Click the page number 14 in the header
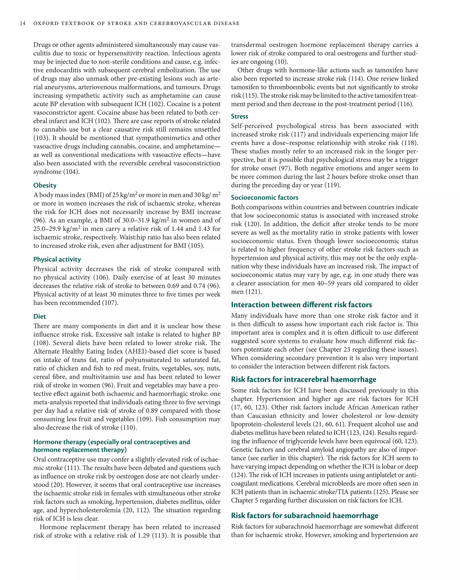23,23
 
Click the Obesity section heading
45,185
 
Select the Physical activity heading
57,259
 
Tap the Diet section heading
40,316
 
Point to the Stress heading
239,117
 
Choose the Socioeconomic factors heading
264,197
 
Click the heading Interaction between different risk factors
301,305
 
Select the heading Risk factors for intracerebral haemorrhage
303,380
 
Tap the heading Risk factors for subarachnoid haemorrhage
305,516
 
